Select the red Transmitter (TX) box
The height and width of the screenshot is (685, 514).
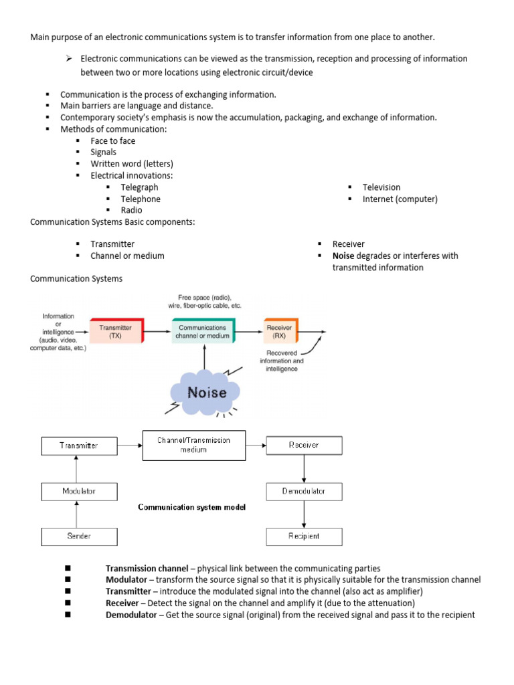[x=115, y=331]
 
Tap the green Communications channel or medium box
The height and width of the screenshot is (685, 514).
[x=203, y=331]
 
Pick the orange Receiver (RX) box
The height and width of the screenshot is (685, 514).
[x=280, y=331]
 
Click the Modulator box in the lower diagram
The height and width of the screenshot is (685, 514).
[x=79, y=492]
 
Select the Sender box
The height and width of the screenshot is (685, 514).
[x=79, y=536]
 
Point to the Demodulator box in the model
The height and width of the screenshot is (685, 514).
[x=304, y=492]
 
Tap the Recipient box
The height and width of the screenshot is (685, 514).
[x=304, y=536]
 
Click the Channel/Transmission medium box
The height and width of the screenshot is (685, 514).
[x=193, y=445]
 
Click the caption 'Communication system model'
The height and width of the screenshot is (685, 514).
[x=191, y=508]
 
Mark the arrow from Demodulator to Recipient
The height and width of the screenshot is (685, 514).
[x=304, y=514]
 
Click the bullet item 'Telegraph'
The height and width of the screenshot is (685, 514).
[x=139, y=187]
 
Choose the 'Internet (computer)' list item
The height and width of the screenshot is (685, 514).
[x=400, y=199]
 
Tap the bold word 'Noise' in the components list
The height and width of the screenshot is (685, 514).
[x=343, y=256]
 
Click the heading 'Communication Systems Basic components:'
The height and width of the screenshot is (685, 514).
[x=112, y=221]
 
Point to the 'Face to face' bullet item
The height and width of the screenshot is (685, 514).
[x=112, y=140]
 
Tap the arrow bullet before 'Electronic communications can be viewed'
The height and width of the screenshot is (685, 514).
[x=68, y=59]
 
